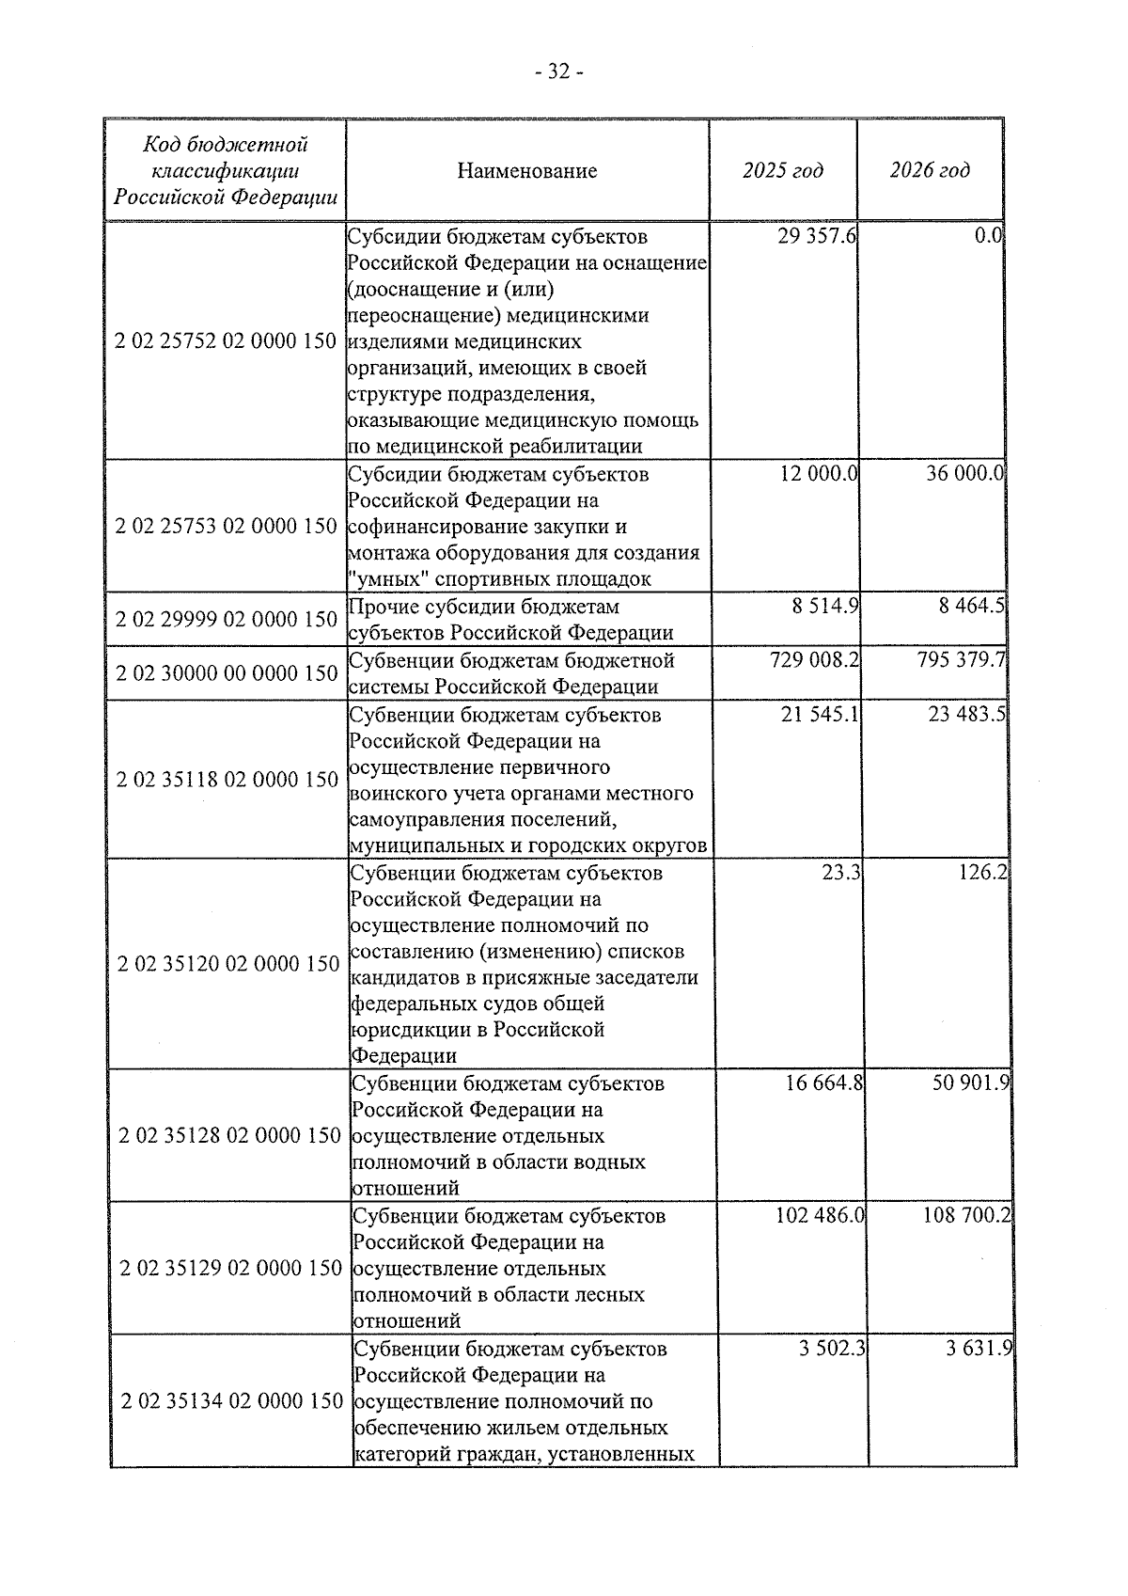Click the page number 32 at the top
559,72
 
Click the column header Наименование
526,171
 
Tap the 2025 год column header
782,170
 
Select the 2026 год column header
929,170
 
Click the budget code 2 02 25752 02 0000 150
226,340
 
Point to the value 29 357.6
816,236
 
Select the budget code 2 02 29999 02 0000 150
227,619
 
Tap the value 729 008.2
814,660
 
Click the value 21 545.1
819,715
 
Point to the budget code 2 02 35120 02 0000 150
228,963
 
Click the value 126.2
983,873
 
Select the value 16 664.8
823,1083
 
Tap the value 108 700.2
967,1216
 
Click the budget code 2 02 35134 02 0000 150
231,1401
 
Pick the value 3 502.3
831,1349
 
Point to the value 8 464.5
971,606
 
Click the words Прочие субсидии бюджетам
484,607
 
